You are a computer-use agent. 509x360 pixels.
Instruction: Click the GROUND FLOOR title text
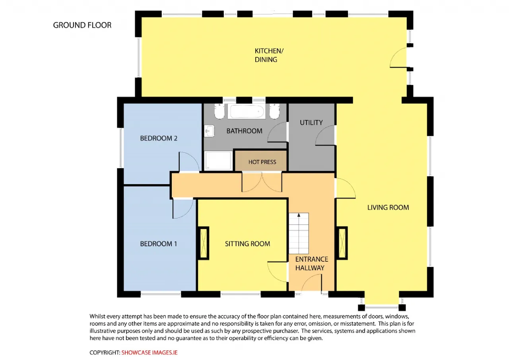coord(82,25)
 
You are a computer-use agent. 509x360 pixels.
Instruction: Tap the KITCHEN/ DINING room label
coord(269,55)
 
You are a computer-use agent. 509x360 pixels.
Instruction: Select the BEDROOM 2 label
coord(159,138)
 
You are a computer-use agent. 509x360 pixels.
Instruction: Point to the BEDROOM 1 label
coord(158,244)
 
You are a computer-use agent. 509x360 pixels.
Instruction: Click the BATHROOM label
coord(244,131)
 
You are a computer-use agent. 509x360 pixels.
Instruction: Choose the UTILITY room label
coord(311,123)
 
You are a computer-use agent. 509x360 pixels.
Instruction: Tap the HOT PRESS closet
coord(261,160)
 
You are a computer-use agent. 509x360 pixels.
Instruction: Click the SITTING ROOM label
coord(247,244)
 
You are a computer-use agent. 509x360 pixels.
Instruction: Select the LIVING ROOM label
coord(388,208)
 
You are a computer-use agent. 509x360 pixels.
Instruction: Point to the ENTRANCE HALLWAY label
coord(311,264)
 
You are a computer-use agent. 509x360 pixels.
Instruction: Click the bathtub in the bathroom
coord(247,111)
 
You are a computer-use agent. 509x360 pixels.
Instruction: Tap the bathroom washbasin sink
coord(209,131)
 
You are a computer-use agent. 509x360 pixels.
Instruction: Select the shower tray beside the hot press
coord(218,160)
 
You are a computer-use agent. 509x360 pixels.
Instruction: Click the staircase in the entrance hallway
coord(299,233)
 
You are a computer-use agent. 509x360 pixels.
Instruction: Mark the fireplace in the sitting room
coord(204,243)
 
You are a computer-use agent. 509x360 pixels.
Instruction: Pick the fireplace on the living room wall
coord(342,243)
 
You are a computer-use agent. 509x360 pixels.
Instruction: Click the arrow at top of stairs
coord(299,215)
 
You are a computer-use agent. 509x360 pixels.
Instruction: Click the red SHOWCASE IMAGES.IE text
coord(149,352)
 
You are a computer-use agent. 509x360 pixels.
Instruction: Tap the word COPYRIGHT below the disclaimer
coord(105,352)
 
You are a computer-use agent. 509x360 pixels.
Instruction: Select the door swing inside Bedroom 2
coord(189,162)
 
